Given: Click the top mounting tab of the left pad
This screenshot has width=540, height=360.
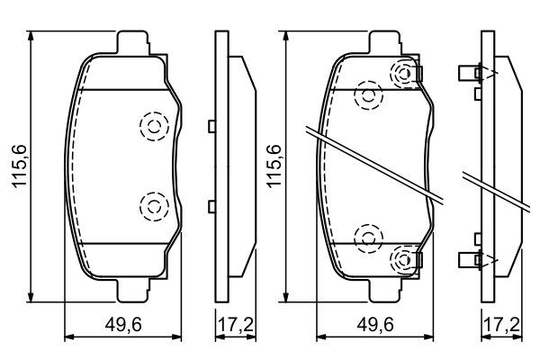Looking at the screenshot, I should click(x=133, y=41).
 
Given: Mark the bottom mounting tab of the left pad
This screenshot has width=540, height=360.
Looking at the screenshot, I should click(x=133, y=290).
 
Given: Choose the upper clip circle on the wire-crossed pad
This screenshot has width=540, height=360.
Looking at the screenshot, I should click(x=404, y=73).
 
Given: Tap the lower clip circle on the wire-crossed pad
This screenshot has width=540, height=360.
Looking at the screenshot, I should click(x=404, y=260).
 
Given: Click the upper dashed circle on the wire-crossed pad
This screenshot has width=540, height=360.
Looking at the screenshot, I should click(x=367, y=95).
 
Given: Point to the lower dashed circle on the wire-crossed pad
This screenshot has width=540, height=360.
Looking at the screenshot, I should click(x=367, y=237).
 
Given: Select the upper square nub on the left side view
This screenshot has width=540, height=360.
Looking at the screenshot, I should click(x=211, y=126).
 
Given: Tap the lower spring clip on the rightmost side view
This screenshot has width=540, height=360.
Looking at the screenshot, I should click(x=473, y=260).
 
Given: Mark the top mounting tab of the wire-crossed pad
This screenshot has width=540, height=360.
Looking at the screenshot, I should click(x=387, y=41).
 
